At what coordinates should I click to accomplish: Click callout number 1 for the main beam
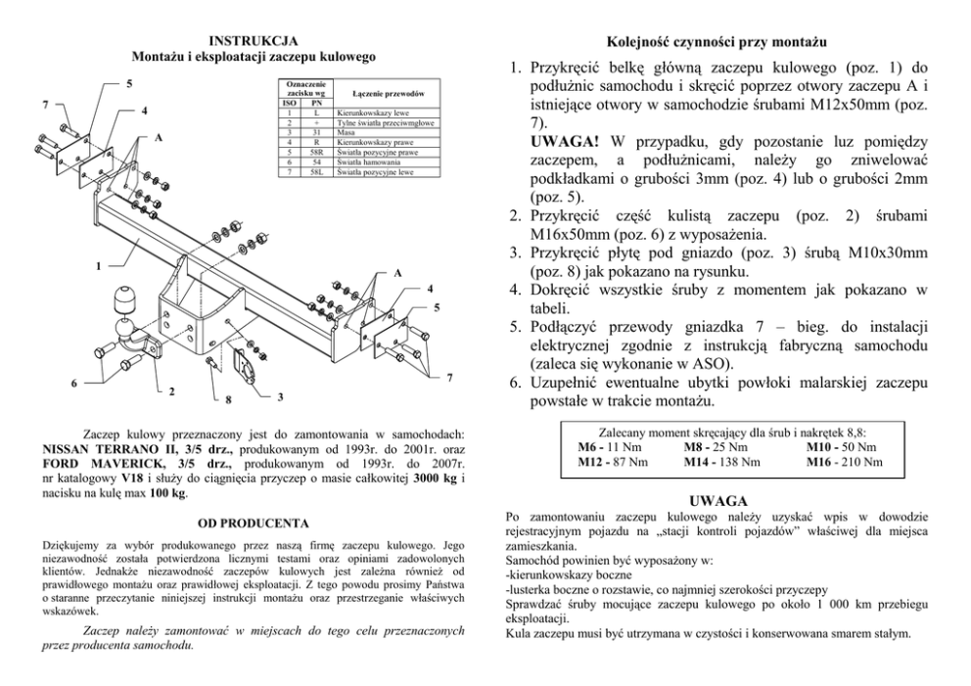coord(98,264)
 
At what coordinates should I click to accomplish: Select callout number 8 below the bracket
coord(227,399)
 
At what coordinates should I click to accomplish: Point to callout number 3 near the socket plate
coord(280,396)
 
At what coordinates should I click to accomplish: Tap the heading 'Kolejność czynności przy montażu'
coord(717,42)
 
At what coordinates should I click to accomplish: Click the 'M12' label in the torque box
coord(595,461)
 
